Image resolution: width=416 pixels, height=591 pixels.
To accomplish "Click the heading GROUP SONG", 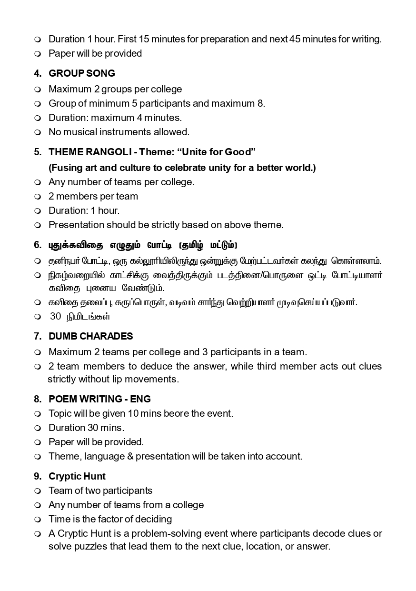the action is click(81, 73).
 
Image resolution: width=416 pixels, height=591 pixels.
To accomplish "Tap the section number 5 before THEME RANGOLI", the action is click(38, 152).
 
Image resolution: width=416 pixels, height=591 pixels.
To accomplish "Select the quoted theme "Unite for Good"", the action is click(217, 152).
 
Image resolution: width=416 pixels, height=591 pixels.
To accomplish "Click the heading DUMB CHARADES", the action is click(90, 336).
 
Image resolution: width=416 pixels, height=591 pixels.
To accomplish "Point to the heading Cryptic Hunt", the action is click(77, 476).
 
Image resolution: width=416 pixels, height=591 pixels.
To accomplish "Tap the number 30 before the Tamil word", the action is click(55, 316).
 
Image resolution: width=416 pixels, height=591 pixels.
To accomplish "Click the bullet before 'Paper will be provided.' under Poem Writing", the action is click(38, 442).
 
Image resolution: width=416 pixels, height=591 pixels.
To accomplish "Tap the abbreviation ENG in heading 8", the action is click(140, 399).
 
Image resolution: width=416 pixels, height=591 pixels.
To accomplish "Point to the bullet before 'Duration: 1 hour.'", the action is click(38, 211).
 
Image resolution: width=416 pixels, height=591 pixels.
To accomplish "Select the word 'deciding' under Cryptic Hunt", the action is click(152, 519).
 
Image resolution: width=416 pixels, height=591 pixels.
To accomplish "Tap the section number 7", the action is click(38, 336).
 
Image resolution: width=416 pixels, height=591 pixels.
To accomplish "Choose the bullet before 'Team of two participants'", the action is click(38, 491).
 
